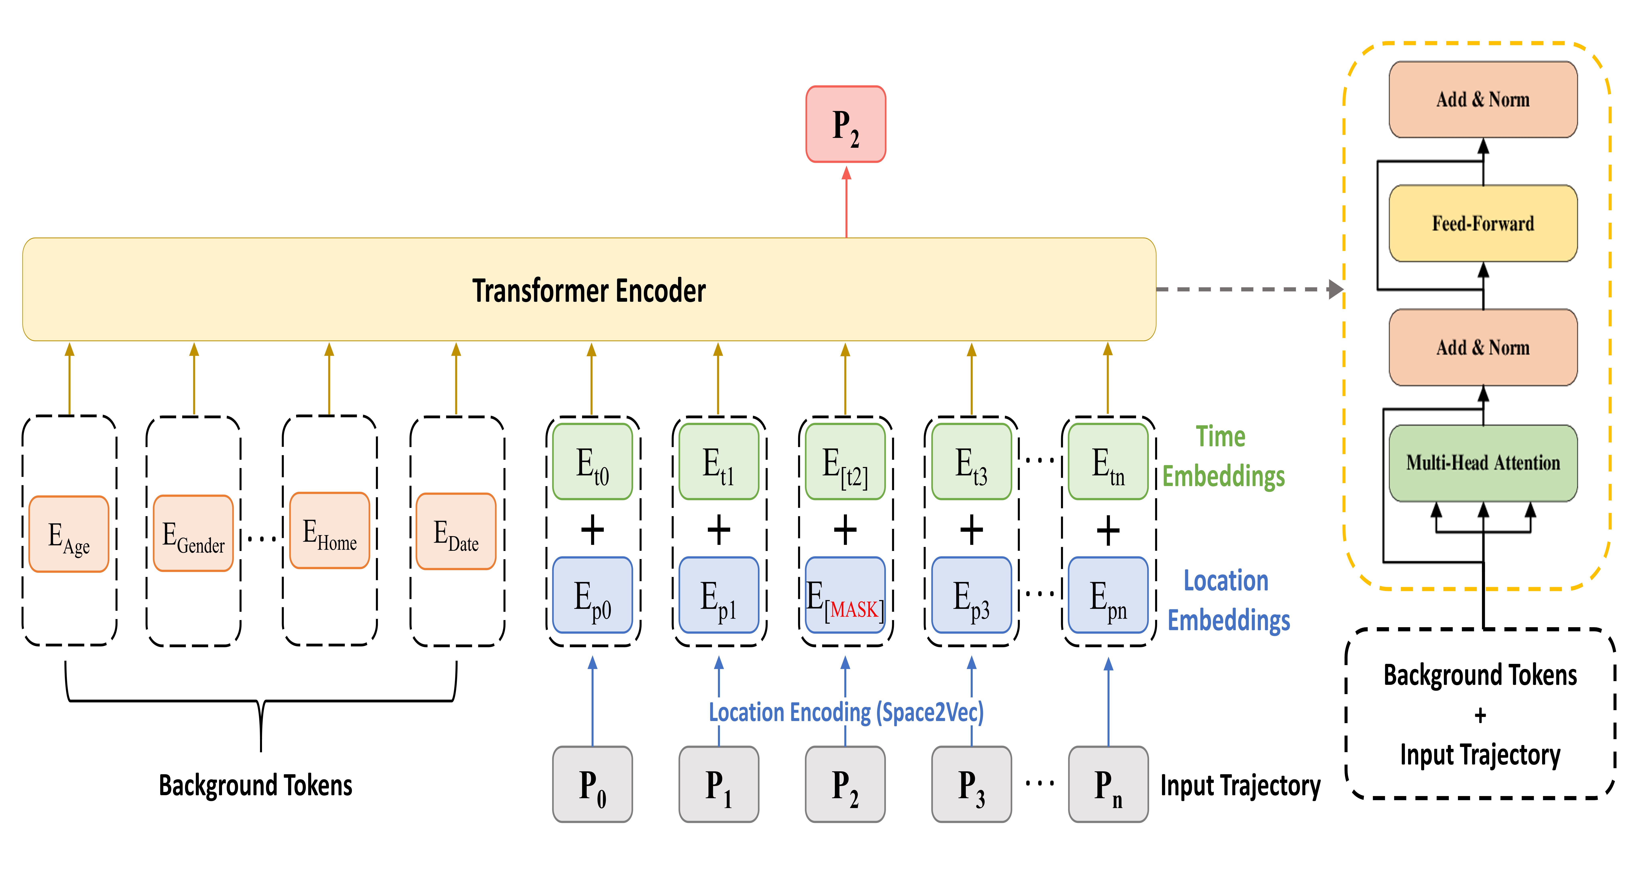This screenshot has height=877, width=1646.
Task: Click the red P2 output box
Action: (845, 124)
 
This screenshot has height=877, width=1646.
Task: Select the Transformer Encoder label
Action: (589, 291)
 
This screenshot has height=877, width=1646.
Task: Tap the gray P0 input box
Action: (592, 784)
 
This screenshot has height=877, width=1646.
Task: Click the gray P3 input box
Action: (971, 784)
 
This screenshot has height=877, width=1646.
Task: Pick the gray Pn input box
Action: (1108, 784)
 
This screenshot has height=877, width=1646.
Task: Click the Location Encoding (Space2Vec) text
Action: (846, 712)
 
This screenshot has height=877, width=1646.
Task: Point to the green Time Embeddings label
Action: (1222, 456)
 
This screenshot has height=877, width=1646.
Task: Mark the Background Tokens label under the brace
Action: (256, 785)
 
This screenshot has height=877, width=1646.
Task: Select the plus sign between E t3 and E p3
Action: (971, 530)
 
